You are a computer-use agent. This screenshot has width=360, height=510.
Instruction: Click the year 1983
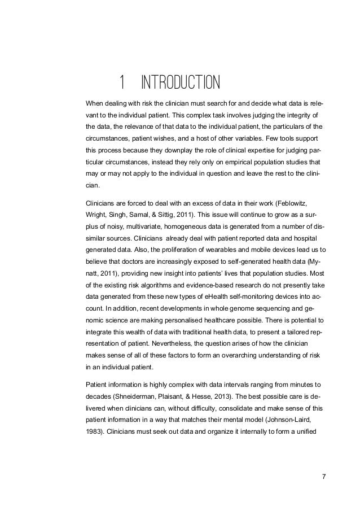click(x=93, y=436)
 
